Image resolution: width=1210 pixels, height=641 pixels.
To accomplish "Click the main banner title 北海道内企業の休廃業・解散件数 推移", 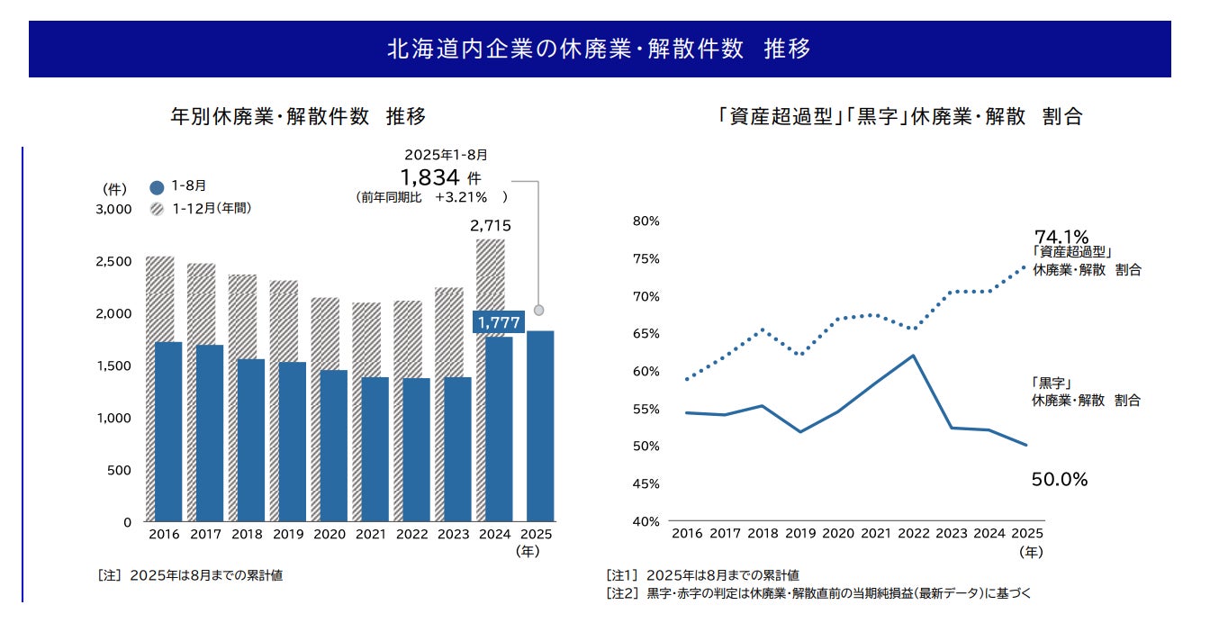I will click(599, 49).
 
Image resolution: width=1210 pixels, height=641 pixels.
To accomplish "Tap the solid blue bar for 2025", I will click(539, 426).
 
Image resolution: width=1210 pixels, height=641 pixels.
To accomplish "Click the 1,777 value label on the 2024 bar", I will click(498, 322).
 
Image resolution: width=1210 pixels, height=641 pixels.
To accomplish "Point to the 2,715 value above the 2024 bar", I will click(491, 226).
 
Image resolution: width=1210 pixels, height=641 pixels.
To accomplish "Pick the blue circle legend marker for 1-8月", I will click(157, 187).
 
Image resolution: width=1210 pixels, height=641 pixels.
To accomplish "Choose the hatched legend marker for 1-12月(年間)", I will click(157, 209).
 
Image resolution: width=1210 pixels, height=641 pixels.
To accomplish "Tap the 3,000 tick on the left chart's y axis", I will click(114, 210).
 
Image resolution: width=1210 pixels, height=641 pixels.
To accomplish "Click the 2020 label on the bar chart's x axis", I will click(329, 534).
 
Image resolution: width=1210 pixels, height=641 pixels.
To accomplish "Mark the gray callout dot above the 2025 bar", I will click(539, 310).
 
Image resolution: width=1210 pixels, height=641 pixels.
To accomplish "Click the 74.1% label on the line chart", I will click(1061, 237).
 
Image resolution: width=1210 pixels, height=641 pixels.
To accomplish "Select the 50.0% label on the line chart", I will click(1060, 480).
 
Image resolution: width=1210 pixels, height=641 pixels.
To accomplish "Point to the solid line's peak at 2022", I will click(913, 356).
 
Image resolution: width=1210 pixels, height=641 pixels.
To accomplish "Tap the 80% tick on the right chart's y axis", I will click(646, 221).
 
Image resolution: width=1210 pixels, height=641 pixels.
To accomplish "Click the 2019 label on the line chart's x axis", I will click(800, 534).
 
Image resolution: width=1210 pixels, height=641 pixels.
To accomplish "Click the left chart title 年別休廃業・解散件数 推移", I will click(298, 116).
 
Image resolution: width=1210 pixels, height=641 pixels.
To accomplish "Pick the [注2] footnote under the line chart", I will click(819, 592).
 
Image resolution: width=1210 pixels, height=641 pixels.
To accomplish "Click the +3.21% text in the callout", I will click(460, 196).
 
